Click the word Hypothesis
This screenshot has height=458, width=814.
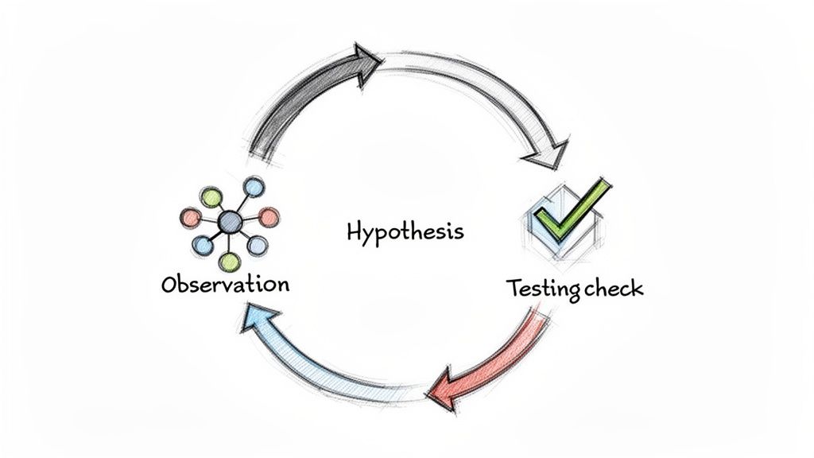(x=405, y=232)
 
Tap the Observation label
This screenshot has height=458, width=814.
(x=224, y=284)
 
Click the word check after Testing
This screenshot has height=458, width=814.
(x=612, y=289)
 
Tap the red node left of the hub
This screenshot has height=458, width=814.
(x=191, y=216)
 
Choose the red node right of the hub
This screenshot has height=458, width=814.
(x=269, y=216)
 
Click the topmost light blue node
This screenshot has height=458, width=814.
(x=253, y=188)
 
